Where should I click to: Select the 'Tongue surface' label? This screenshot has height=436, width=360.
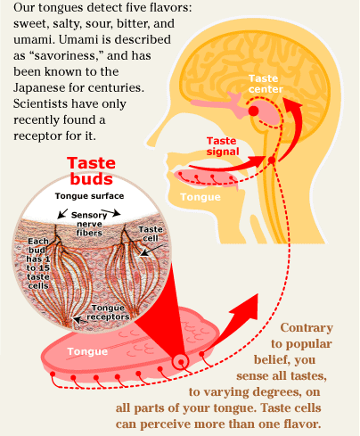coord(89,196)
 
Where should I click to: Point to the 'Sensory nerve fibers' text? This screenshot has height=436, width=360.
coord(89,226)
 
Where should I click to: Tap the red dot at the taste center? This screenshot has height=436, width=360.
coord(255,109)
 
